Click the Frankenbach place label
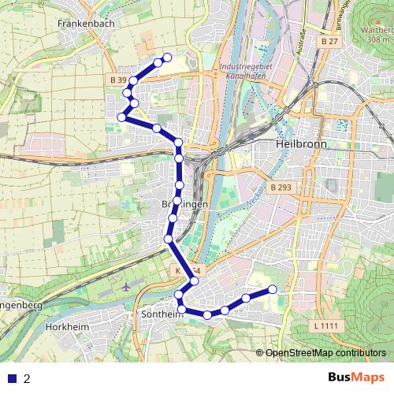point(86,24)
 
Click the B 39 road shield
point(118,80)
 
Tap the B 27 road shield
point(329,40)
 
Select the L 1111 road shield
point(325,325)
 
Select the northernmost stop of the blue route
point(167,57)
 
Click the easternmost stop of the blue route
point(273,289)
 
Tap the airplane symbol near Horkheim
point(127,287)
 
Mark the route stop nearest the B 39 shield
point(134,80)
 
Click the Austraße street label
point(300,39)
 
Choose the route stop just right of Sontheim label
point(208,315)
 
